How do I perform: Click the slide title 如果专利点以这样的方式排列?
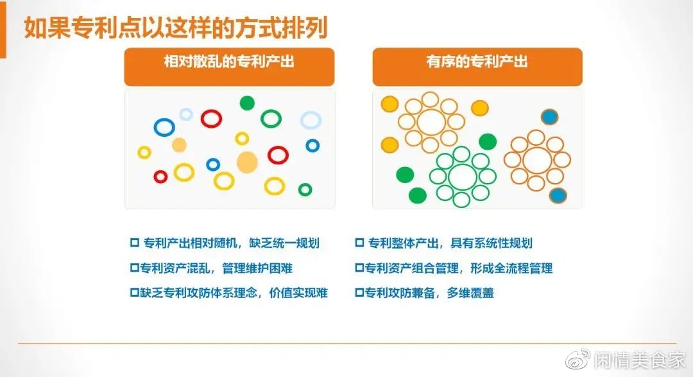tap(175, 28)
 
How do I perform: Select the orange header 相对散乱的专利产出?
tap(229, 66)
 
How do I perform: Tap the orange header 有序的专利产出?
tap(477, 66)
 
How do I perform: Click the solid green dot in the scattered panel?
tap(247, 103)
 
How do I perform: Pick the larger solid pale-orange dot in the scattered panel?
tap(247, 162)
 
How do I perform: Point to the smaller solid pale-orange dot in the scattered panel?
tap(179, 145)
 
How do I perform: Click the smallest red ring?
tap(155, 177)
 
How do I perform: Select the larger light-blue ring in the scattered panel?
tap(302, 120)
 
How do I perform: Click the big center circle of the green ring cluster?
tap(450, 177)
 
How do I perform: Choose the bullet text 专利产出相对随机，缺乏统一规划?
tap(231, 243)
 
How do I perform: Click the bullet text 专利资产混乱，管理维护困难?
tap(216, 268)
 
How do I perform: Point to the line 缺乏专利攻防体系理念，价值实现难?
tap(234, 293)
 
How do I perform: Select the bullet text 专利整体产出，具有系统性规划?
tap(450, 243)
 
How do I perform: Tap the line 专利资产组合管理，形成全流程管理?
tap(459, 268)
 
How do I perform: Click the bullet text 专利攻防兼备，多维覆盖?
tap(429, 293)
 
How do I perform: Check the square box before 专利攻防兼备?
tap(360, 293)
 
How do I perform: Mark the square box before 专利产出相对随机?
tap(135, 243)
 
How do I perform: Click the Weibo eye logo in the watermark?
tap(577, 359)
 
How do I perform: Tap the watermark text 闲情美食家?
tap(640, 360)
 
